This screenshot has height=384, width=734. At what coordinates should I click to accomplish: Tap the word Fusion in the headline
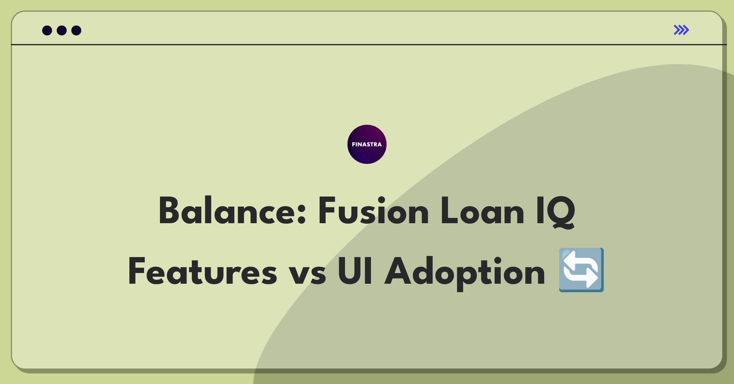click(x=373, y=211)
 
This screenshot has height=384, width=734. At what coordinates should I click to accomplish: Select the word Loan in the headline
click(x=482, y=211)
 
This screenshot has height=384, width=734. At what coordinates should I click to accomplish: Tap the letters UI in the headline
click(x=355, y=271)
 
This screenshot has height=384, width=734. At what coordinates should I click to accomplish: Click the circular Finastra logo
click(x=367, y=144)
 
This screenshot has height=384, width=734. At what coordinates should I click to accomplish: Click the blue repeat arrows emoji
click(x=581, y=270)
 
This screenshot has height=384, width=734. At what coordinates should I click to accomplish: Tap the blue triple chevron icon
click(x=681, y=30)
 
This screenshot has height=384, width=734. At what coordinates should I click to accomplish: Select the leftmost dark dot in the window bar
click(x=47, y=31)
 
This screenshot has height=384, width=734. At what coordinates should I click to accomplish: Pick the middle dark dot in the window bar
click(x=62, y=31)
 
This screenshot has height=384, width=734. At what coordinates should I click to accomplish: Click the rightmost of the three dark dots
click(x=76, y=31)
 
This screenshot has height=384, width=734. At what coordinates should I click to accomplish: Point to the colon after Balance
click(x=301, y=214)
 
